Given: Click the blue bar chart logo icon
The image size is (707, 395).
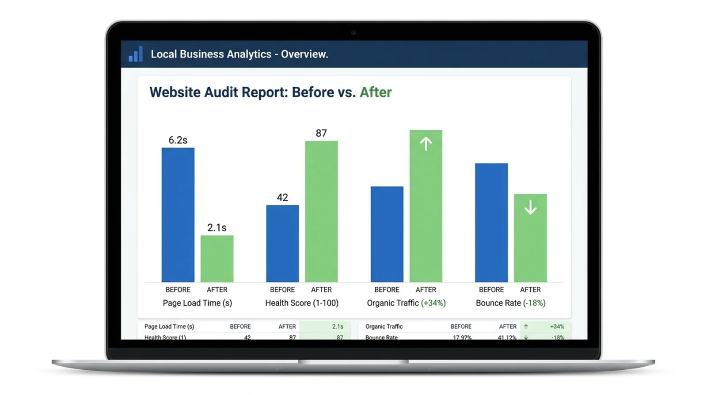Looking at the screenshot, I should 136,54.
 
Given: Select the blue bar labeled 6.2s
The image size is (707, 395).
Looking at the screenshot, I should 178,215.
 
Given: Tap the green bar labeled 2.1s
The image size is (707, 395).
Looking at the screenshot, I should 217,258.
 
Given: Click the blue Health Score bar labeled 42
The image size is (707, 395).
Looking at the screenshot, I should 282,243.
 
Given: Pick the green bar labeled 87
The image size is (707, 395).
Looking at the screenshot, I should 321,211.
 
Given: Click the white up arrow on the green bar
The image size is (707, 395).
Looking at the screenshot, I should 426,144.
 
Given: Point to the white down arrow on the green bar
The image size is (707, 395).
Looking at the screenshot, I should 530,207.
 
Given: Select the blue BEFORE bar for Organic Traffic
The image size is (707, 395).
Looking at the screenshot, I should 387,234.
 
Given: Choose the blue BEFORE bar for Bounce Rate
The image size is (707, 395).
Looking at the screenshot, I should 491,222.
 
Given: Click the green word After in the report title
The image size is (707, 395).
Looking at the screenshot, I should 376,92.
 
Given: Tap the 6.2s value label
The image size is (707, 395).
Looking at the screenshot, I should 178,140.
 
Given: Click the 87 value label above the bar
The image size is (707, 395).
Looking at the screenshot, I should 321,133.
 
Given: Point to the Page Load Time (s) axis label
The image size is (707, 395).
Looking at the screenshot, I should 197,303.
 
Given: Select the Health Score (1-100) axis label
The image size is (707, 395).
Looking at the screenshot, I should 302,303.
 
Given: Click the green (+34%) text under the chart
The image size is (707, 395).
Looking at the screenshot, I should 433,303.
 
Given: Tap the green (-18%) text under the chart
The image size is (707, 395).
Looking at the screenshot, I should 534,303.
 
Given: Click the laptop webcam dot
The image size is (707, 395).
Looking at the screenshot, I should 353,32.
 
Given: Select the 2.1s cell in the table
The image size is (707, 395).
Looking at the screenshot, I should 338,326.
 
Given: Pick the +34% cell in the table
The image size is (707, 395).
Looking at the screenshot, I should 557,326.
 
